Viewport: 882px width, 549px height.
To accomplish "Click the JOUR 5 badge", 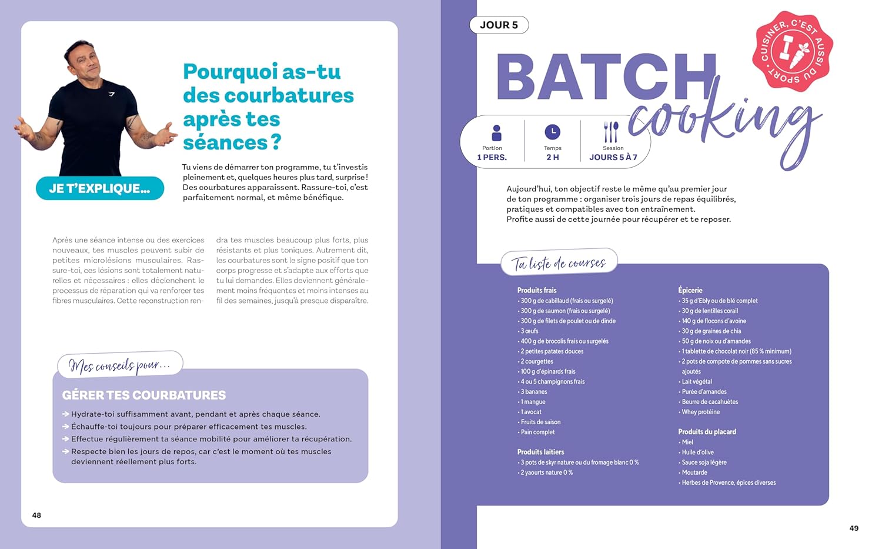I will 499,25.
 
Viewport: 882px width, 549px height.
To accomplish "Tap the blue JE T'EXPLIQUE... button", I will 99,188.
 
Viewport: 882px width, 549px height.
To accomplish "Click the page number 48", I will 36,515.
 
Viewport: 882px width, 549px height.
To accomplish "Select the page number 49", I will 854,528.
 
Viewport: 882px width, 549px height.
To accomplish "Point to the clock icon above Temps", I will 552,132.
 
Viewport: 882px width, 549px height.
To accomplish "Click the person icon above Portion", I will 496,132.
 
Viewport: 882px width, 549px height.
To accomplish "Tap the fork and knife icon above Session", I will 612,132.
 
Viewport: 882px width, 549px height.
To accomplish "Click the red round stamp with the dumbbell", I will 792,51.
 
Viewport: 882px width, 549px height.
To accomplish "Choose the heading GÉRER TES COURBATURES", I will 144,395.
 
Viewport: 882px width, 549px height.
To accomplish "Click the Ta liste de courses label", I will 559,263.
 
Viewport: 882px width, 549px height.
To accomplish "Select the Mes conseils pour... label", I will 119,365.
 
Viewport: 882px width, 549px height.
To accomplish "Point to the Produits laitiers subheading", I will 540,452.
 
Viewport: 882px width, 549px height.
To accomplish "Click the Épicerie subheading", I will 690,290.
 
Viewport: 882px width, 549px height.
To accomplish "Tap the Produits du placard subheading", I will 707,432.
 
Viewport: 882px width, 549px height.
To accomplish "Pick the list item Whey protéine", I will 700,412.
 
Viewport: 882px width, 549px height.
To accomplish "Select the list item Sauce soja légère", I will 704,463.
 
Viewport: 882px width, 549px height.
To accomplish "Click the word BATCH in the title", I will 606,78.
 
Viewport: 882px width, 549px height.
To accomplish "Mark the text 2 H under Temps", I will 552,157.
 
